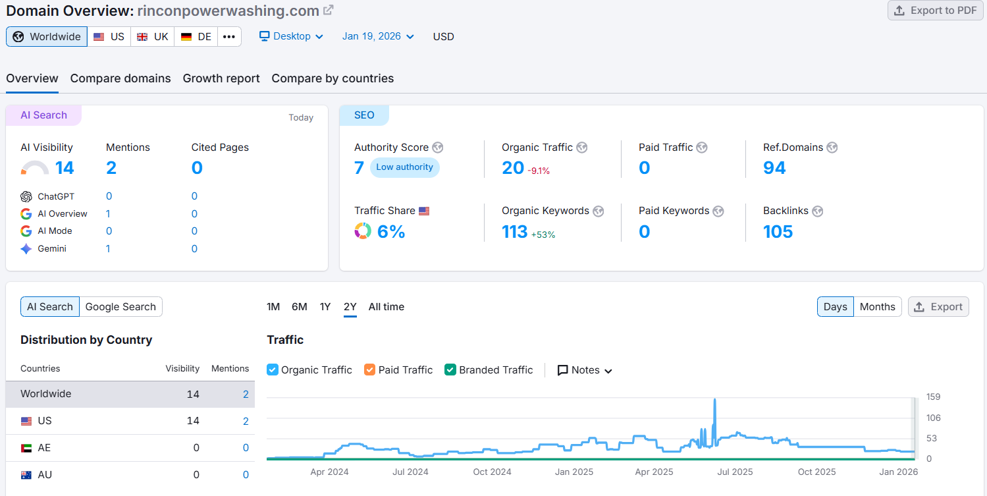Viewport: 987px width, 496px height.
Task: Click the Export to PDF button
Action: (x=934, y=11)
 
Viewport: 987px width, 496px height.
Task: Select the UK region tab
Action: (x=152, y=37)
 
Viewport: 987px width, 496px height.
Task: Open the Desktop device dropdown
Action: (x=291, y=36)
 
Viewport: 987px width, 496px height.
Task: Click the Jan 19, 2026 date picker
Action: (x=378, y=36)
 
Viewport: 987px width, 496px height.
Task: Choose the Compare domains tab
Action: (x=120, y=78)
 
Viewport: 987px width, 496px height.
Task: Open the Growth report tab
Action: (x=221, y=78)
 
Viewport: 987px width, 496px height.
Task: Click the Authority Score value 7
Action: (x=359, y=168)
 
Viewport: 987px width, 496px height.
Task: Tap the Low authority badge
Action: (x=404, y=167)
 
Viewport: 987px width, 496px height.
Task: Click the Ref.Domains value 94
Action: (x=774, y=168)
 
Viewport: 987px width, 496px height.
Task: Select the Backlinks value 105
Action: (x=778, y=232)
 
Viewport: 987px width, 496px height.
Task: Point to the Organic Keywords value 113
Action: (x=514, y=232)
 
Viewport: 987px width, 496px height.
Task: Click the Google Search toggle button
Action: (x=120, y=307)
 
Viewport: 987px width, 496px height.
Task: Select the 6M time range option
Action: (x=300, y=307)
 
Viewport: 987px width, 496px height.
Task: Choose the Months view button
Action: (x=877, y=307)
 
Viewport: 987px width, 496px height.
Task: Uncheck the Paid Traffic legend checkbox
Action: (x=369, y=370)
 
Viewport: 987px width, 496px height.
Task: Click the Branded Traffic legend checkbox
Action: (x=450, y=370)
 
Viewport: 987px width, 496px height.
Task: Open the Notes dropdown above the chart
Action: (x=585, y=370)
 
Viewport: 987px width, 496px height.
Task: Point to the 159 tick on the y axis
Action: (x=933, y=397)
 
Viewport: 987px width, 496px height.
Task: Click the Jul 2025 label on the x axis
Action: (x=735, y=472)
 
